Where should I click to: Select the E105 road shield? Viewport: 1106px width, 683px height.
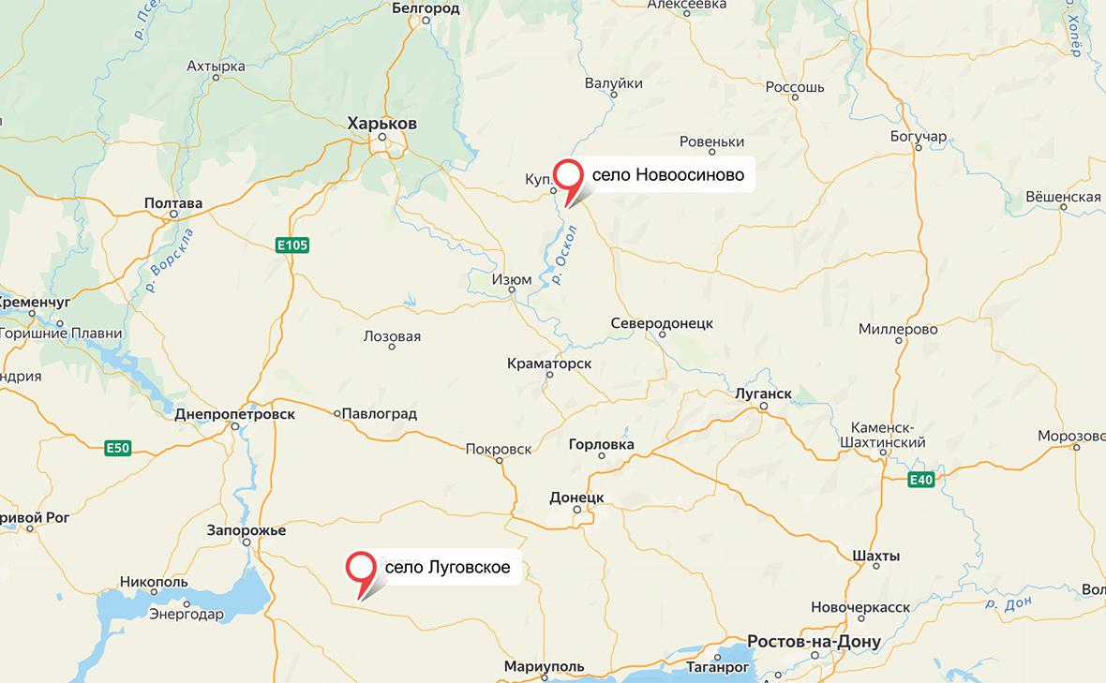(x=292, y=245)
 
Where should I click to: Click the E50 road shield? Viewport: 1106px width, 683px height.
(x=117, y=448)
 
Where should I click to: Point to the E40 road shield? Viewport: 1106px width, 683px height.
(x=921, y=481)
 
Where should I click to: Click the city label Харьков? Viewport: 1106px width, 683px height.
(x=381, y=124)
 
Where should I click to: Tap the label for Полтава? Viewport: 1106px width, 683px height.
(x=173, y=202)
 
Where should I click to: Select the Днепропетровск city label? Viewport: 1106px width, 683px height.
(x=234, y=413)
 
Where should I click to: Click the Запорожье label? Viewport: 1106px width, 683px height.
(x=246, y=530)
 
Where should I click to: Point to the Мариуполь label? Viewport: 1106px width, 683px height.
(x=543, y=666)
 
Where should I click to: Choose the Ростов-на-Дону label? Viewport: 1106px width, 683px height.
(x=814, y=642)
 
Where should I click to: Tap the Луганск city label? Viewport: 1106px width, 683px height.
(x=764, y=393)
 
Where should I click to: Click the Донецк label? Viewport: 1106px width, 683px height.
(x=576, y=497)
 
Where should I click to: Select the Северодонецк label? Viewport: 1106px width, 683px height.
(x=662, y=323)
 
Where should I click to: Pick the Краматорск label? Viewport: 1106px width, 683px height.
(x=549, y=362)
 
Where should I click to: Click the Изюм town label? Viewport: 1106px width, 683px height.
(x=512, y=279)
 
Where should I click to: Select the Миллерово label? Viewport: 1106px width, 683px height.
(x=898, y=330)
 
